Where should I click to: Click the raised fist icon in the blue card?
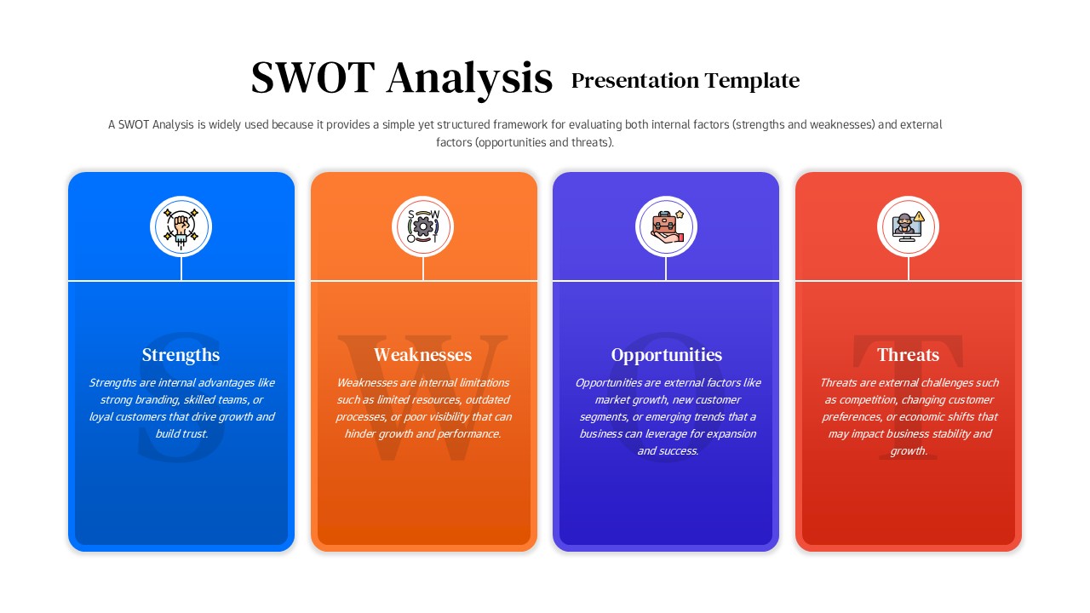181,226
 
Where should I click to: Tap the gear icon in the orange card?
423,226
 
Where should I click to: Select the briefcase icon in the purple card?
666,226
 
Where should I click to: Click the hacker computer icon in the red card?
904,227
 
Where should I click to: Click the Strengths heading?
181,355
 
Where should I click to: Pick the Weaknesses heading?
422,355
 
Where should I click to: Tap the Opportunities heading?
666,355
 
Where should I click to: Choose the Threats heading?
908,355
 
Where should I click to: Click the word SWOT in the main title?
313,78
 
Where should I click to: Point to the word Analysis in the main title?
469,78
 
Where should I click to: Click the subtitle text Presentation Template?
685,81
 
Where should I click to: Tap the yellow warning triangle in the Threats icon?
920,216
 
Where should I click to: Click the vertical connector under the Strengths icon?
181,268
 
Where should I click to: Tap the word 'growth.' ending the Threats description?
908,451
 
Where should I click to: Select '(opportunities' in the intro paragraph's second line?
510,143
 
